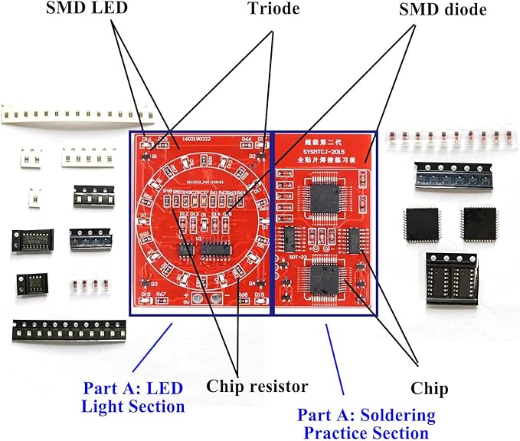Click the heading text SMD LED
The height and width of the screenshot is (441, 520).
click(86, 9)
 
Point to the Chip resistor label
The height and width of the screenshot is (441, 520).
click(257, 385)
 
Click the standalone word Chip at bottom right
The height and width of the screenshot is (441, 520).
click(429, 389)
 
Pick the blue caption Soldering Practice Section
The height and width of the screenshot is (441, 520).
click(366, 423)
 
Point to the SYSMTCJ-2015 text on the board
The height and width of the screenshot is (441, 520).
click(322, 151)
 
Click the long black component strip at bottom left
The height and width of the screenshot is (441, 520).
click(68, 331)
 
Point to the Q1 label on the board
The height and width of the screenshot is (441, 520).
click(154, 156)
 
